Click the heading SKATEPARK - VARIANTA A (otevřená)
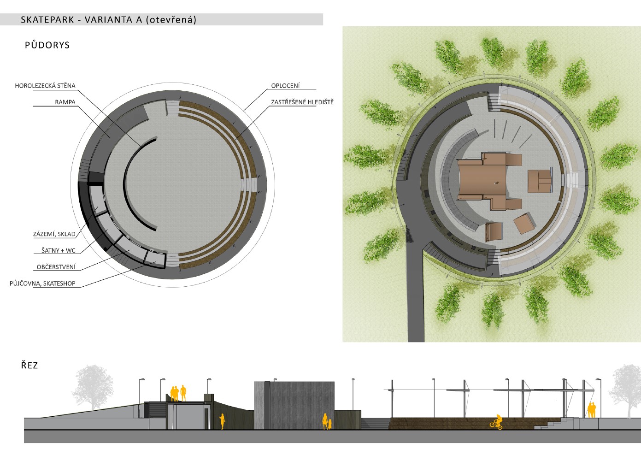click(x=109, y=20)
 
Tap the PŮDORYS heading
click(x=47, y=45)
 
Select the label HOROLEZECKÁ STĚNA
click(x=45, y=86)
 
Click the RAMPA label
click(x=65, y=102)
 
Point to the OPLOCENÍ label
click(x=285, y=86)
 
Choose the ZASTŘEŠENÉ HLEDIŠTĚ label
click(x=302, y=102)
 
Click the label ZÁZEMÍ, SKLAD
click(x=54, y=234)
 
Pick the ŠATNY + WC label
click(x=58, y=250)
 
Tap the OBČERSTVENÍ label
click(x=56, y=267)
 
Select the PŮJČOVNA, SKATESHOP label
click(x=42, y=284)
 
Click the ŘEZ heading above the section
click(x=29, y=366)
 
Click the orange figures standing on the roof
click(x=178, y=393)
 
